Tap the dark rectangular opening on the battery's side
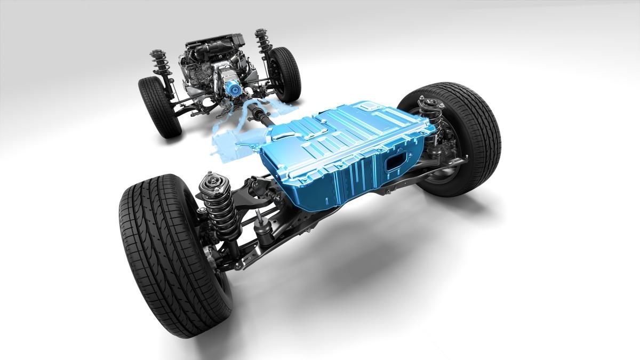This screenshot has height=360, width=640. point(397,163)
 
